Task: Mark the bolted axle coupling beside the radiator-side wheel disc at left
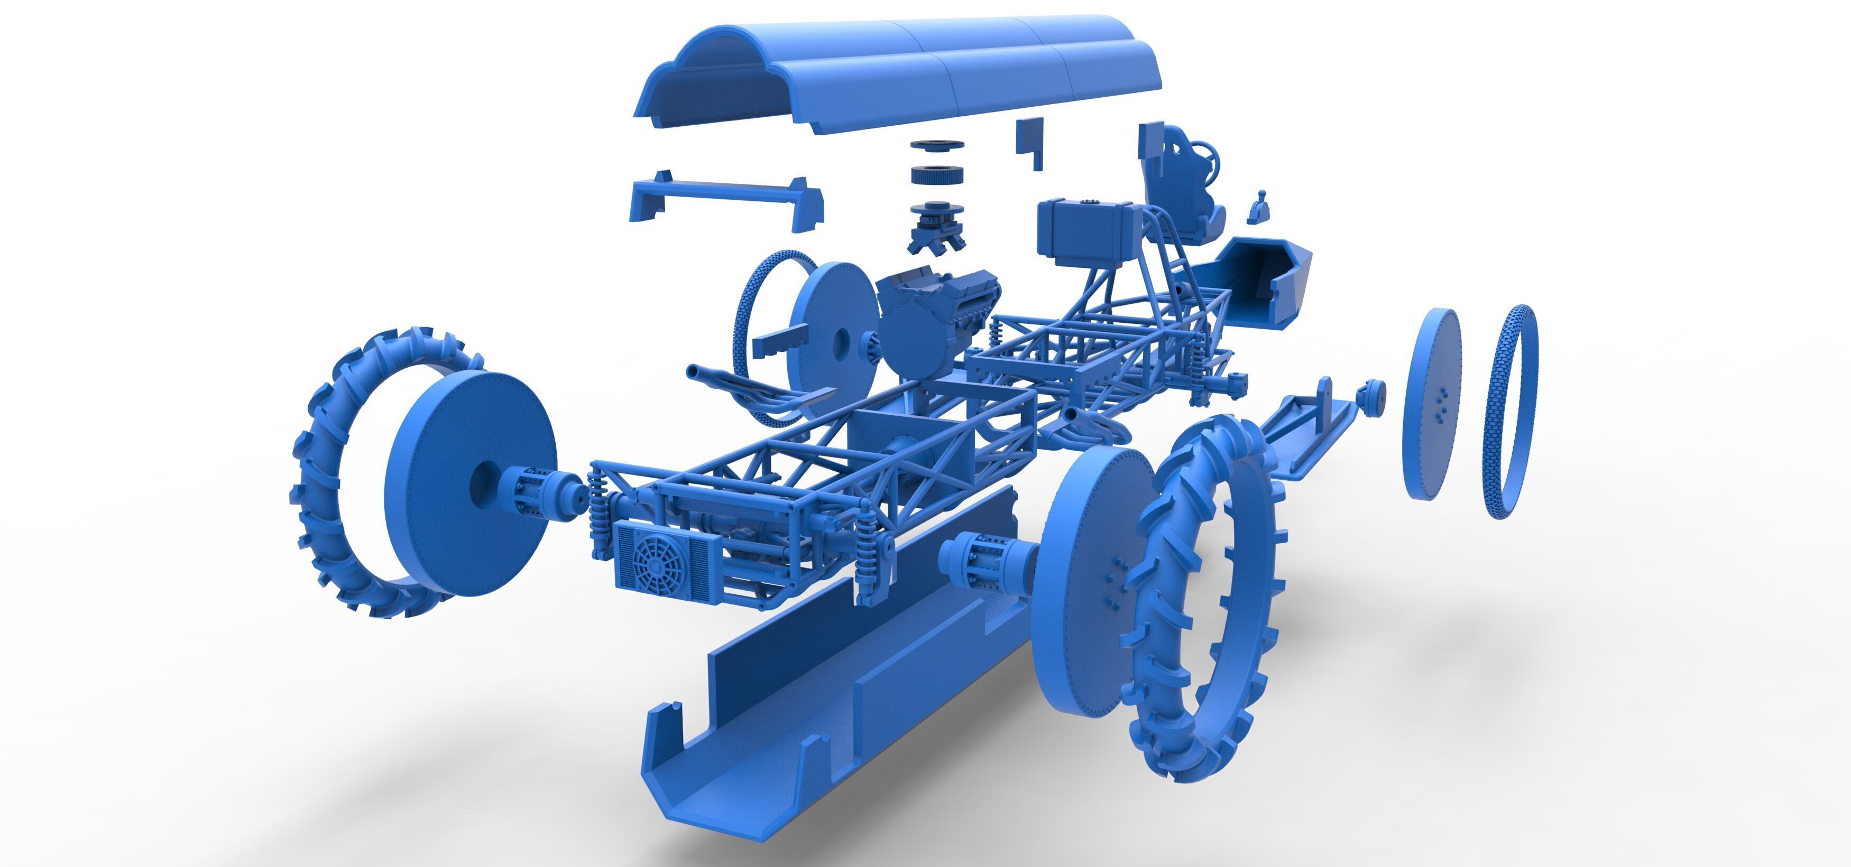532,489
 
